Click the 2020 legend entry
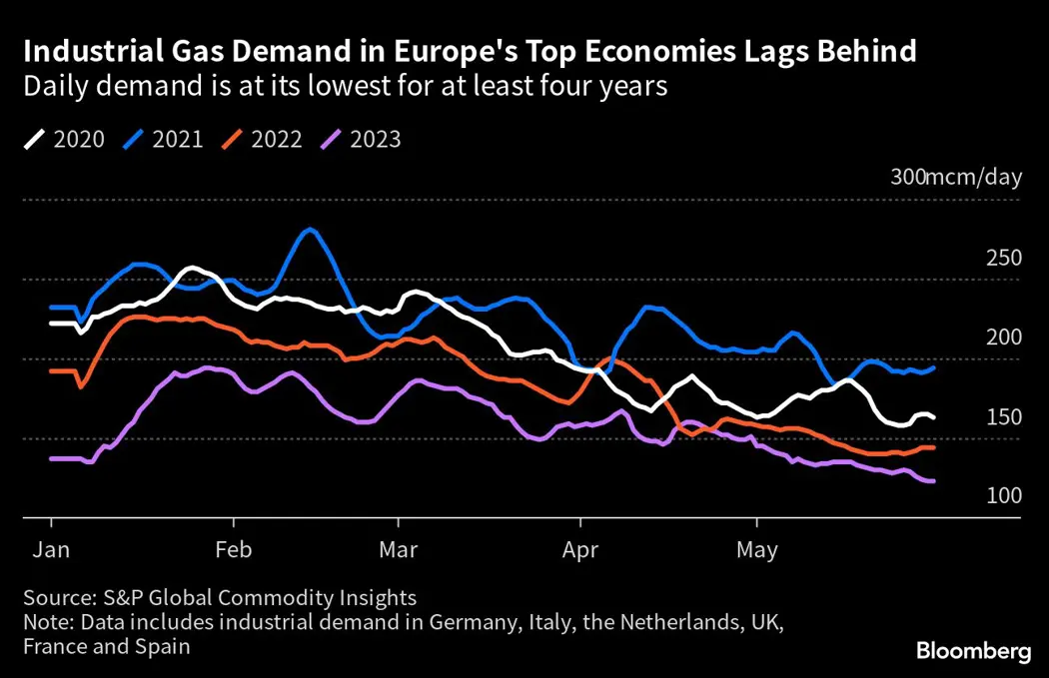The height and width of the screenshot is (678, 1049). [64, 140]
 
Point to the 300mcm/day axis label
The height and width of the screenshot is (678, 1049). [956, 178]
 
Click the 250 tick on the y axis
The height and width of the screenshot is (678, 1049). [1003, 258]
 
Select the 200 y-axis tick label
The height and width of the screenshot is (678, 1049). [1003, 338]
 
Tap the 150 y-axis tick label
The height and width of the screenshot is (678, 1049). [1003, 416]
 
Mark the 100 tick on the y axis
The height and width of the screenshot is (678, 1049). [1003, 496]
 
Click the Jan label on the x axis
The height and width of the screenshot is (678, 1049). [51, 549]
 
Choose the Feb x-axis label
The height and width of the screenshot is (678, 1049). [233, 549]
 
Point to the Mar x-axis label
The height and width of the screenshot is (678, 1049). [398, 549]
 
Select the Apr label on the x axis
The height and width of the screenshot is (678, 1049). [579, 549]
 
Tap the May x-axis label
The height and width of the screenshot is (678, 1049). [756, 549]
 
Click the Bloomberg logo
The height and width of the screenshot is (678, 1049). [973, 652]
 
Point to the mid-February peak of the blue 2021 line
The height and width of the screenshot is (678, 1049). [311, 230]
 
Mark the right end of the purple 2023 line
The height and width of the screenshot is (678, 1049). [933, 481]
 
